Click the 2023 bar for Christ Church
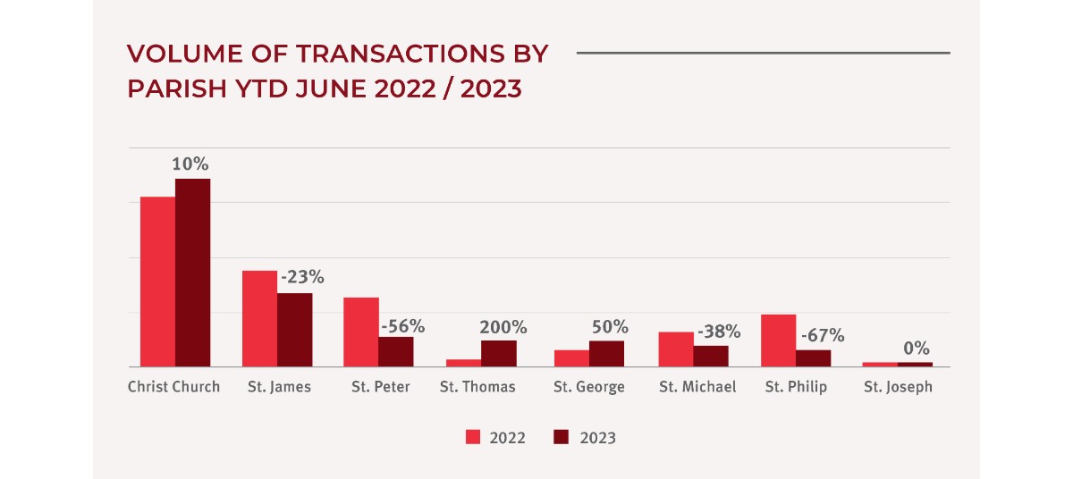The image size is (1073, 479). (x=192, y=273)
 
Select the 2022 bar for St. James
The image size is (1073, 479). (x=259, y=318)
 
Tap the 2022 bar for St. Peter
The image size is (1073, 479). (x=361, y=332)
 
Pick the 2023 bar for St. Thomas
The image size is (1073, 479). (x=499, y=353)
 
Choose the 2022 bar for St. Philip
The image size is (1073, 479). (x=778, y=340)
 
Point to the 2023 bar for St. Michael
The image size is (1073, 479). (x=711, y=356)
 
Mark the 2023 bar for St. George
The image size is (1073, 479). (x=606, y=353)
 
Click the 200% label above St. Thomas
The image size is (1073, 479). (x=503, y=327)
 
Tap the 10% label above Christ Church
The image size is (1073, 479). (x=191, y=164)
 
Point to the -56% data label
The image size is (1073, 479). (x=401, y=325)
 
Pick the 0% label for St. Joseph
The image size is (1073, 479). (x=916, y=349)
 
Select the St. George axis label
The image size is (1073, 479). (x=588, y=388)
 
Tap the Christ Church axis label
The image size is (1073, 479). (x=173, y=388)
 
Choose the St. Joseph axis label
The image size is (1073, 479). (x=898, y=388)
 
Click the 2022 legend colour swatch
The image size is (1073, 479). (x=473, y=437)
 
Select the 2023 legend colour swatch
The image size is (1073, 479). (x=562, y=437)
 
